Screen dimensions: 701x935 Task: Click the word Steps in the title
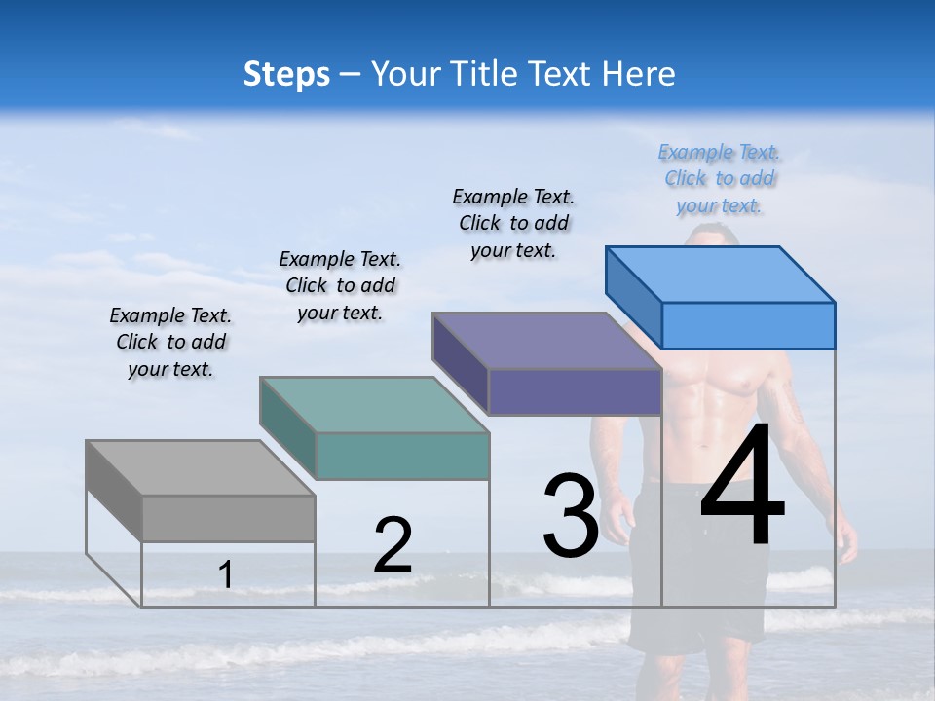[x=286, y=74]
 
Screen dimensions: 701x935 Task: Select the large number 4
[x=742, y=487]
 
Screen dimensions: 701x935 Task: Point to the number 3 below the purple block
[x=570, y=515]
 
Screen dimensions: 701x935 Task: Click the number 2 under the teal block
[x=393, y=545]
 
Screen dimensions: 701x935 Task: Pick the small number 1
[x=226, y=575]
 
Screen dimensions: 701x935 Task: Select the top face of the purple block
[x=546, y=341]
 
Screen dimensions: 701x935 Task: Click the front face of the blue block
[x=748, y=325]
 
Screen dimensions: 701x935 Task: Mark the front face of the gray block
[x=228, y=518]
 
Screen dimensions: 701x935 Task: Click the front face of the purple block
[x=575, y=391]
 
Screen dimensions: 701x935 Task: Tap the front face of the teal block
[x=401, y=456]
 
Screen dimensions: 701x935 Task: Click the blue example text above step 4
[x=719, y=179]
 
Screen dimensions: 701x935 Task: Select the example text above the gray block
[x=170, y=343]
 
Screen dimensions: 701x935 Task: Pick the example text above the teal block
[x=340, y=285]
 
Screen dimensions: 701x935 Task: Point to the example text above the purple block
[x=513, y=223]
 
